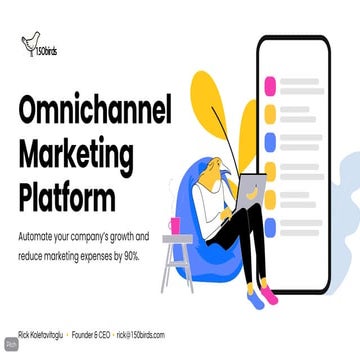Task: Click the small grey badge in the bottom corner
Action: [x=10, y=345]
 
